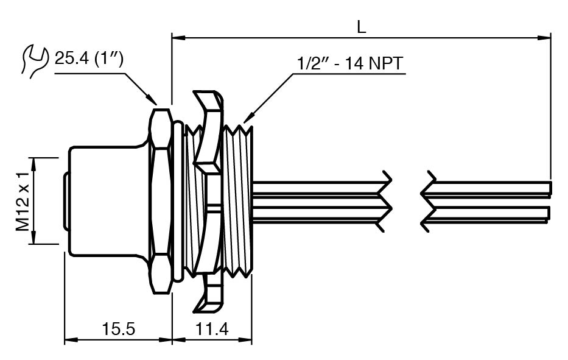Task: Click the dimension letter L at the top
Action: (x=361, y=26)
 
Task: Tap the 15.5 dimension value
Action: (x=118, y=330)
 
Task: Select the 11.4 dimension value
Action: (x=212, y=330)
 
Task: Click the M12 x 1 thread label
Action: (x=23, y=200)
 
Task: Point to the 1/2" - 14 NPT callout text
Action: (x=350, y=63)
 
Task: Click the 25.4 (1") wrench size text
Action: (x=89, y=58)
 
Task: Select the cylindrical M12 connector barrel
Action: (x=107, y=201)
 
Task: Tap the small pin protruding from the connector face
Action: (x=65, y=201)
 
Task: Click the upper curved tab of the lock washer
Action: (x=210, y=128)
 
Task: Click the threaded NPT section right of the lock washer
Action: (x=239, y=201)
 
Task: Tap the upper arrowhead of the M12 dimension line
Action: (x=33, y=161)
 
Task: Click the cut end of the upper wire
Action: (x=550, y=188)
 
